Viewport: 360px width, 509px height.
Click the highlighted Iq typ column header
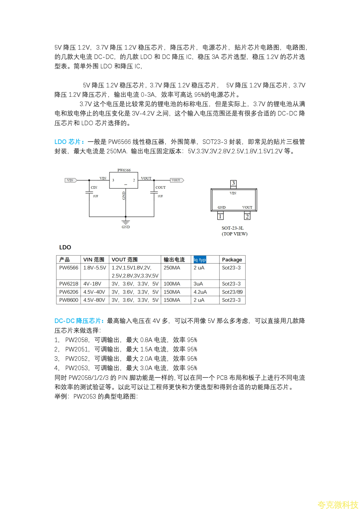200,259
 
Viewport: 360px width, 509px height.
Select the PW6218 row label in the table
69,284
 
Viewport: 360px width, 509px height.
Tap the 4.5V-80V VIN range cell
94,300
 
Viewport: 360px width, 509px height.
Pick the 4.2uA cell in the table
200,292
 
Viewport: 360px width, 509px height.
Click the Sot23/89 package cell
232,292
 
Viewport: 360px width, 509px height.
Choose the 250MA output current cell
172,268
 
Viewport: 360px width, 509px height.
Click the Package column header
232,259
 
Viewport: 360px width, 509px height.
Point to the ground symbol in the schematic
126,222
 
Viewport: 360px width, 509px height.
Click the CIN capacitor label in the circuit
94,188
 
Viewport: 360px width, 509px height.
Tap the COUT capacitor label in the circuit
160,188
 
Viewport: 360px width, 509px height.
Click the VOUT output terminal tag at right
177,180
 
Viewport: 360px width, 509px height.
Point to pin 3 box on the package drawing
233,183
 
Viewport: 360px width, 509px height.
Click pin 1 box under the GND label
220,216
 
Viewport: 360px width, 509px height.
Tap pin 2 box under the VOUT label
247,216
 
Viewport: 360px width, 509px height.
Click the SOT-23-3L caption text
232,228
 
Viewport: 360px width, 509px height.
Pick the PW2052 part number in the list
77,359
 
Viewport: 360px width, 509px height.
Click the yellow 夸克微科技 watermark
338,504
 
